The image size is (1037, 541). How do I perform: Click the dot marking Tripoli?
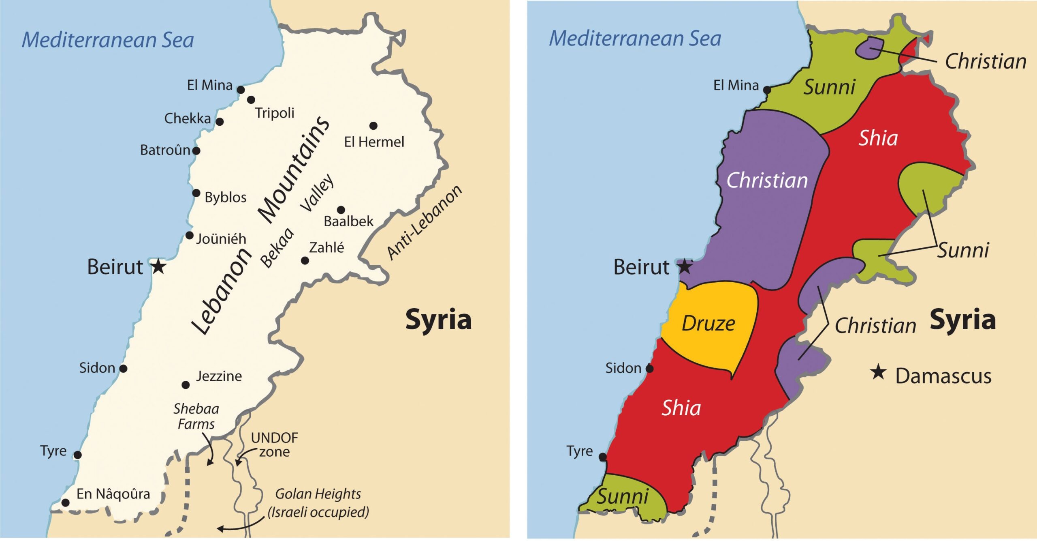click(x=251, y=100)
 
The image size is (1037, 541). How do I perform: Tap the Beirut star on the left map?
click(x=158, y=267)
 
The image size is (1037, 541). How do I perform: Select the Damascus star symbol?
click(x=878, y=372)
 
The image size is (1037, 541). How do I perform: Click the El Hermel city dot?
click(x=373, y=126)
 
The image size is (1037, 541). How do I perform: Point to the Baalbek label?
click(x=348, y=221)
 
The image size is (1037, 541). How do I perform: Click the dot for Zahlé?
click(x=305, y=261)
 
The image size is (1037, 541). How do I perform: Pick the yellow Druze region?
click(x=709, y=324)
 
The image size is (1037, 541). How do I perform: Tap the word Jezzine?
click(x=219, y=376)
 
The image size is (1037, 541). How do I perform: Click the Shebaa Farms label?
click(x=196, y=416)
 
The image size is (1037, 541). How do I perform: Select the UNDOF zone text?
click(x=274, y=445)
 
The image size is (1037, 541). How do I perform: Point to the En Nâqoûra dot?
click(x=65, y=503)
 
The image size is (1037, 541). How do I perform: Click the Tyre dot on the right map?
click(x=603, y=457)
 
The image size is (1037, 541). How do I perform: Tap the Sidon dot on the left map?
click(x=124, y=369)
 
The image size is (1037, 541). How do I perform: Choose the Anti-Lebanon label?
click(x=424, y=222)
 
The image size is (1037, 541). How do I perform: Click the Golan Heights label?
click(x=318, y=503)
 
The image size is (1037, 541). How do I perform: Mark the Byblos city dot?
click(x=196, y=193)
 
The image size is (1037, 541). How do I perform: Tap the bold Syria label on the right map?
click(x=962, y=320)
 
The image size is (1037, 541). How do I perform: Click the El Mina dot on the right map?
click(x=767, y=90)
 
